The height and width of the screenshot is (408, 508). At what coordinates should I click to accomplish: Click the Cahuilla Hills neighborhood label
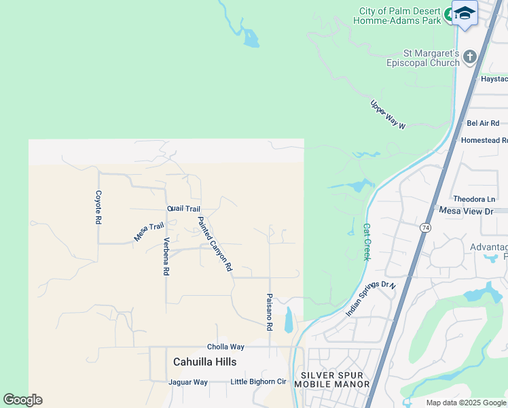[204, 362]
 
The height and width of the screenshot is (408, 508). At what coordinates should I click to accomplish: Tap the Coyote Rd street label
[98, 207]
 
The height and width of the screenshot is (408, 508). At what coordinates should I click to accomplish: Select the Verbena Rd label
[166, 256]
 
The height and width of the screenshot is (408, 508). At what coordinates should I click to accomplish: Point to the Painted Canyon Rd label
[215, 244]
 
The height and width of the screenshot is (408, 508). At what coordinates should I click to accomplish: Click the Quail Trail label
[183, 209]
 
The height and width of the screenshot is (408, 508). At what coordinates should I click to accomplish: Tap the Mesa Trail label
[149, 232]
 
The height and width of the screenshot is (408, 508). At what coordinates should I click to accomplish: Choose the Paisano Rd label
[270, 312]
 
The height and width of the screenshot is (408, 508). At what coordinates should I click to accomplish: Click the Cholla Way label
[225, 347]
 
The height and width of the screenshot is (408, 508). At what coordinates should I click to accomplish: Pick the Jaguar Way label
[188, 382]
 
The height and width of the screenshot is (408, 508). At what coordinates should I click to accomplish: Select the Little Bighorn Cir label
[259, 382]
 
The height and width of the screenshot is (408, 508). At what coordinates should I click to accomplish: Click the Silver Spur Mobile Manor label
[335, 379]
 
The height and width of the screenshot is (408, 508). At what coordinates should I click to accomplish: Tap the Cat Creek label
[367, 242]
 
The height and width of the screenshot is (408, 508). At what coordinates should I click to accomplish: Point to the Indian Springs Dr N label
[370, 299]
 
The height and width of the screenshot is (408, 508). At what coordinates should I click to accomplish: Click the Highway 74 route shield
[425, 226]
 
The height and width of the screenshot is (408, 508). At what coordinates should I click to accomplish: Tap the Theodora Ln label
[474, 199]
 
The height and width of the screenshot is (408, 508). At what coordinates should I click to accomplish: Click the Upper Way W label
[388, 115]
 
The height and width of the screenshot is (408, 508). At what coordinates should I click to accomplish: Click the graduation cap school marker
[465, 14]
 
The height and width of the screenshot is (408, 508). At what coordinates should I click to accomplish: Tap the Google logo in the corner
[22, 400]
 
